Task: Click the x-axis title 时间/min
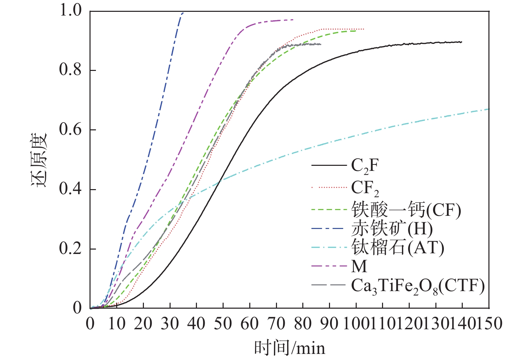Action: coord(289,348)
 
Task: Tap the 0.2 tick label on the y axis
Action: coord(71,249)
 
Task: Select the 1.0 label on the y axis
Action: coord(71,11)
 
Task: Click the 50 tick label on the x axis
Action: coord(223,324)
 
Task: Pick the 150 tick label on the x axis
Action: coord(489,324)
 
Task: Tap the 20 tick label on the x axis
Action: coord(143,324)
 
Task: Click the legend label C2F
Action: coord(365,166)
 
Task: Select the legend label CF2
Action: coord(365,188)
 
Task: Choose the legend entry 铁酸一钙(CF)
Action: coord(406,210)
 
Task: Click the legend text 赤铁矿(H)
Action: coord(392,229)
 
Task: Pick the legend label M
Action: coord(359,266)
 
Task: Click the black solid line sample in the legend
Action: coord(329,165)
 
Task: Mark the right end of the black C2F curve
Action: coord(462,42)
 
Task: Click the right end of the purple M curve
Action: coord(293,20)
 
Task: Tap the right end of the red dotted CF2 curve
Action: coord(364,29)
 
